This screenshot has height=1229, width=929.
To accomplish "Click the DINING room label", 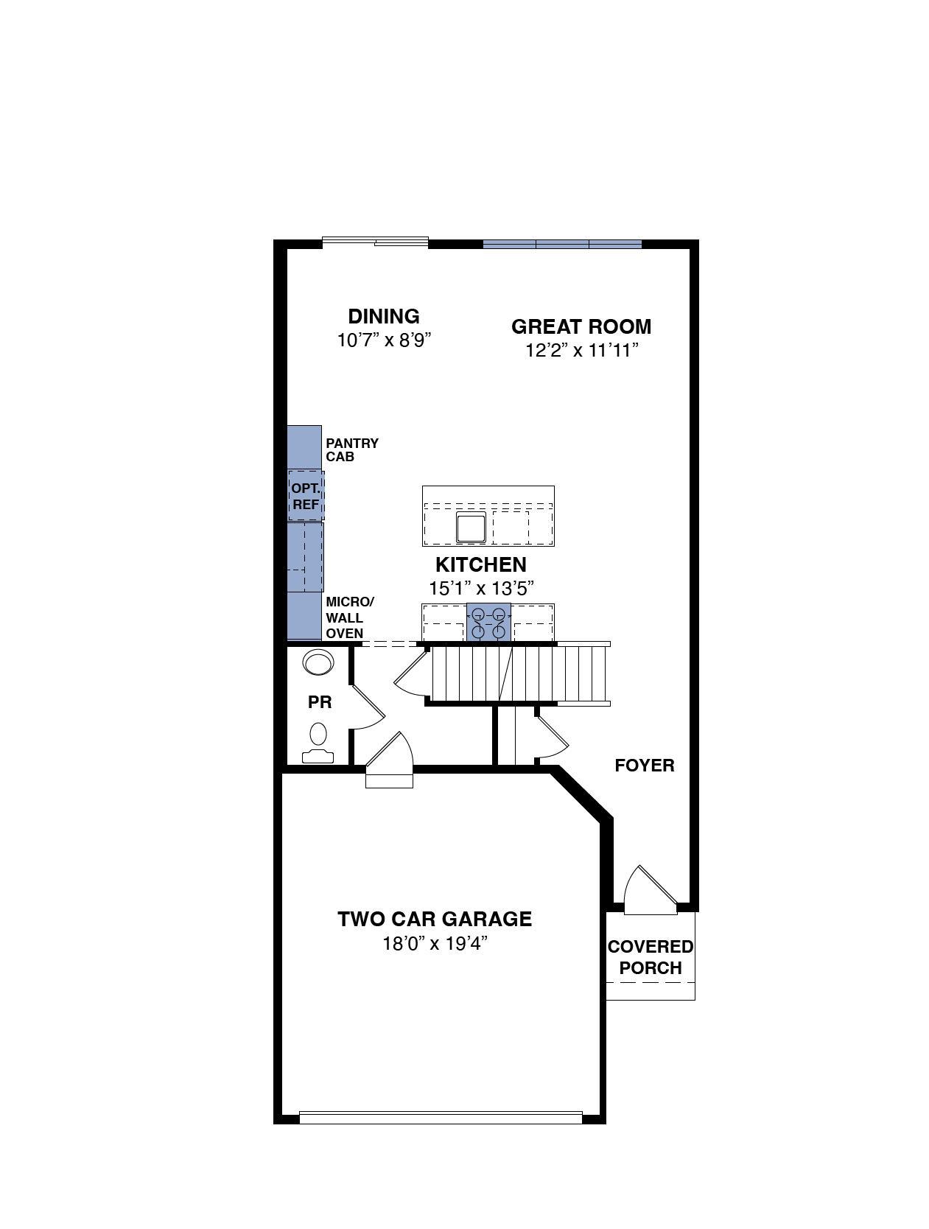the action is point(383,316).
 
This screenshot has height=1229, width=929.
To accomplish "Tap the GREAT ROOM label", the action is point(581,326).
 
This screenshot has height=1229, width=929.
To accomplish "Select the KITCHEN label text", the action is point(481,564).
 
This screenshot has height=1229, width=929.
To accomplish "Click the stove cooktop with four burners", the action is point(488,622).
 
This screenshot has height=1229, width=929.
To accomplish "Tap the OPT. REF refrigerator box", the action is point(306,496).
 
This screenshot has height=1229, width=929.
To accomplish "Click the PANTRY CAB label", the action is point(352,449).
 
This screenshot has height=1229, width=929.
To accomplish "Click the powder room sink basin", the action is point(318,662).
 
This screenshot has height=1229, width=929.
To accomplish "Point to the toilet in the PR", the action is point(318,743).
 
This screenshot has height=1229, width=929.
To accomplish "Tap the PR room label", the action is point(320,702).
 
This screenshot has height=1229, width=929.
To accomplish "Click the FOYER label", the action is point(644,766).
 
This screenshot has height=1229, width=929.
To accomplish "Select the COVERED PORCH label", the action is point(651,957).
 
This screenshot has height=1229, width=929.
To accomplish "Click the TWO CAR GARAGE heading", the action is point(434,919).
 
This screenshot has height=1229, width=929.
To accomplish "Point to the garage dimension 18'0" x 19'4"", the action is point(435,943).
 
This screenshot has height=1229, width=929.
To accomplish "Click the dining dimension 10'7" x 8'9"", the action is point(384,340).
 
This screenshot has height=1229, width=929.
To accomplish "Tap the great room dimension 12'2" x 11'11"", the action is point(581,350).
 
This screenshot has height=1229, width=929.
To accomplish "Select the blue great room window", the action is point(562,244).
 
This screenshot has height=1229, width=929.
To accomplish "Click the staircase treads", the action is point(518,673).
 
